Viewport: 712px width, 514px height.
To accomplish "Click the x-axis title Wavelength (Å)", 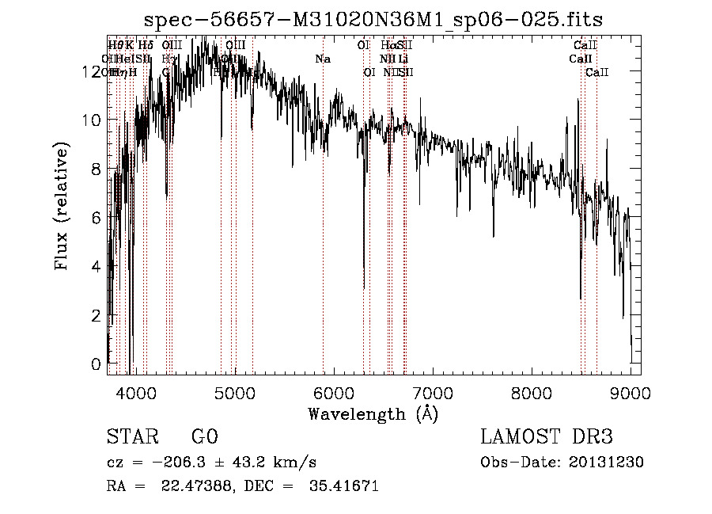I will coord(373,413).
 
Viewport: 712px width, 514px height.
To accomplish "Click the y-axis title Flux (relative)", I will coord(62,206).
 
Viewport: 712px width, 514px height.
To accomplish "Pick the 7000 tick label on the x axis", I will coord(432,393).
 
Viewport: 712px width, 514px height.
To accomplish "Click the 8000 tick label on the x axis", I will coord(531,393).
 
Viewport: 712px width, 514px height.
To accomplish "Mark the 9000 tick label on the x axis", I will coord(631,393).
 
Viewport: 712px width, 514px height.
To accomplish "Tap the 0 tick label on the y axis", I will coord(97,364).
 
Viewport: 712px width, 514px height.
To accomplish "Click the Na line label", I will coord(322,59).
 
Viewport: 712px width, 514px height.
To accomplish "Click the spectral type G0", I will coord(204,437).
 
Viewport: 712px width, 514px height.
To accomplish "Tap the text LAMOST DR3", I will coord(547,437).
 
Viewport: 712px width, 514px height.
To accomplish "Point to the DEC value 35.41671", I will coord(347,486).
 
